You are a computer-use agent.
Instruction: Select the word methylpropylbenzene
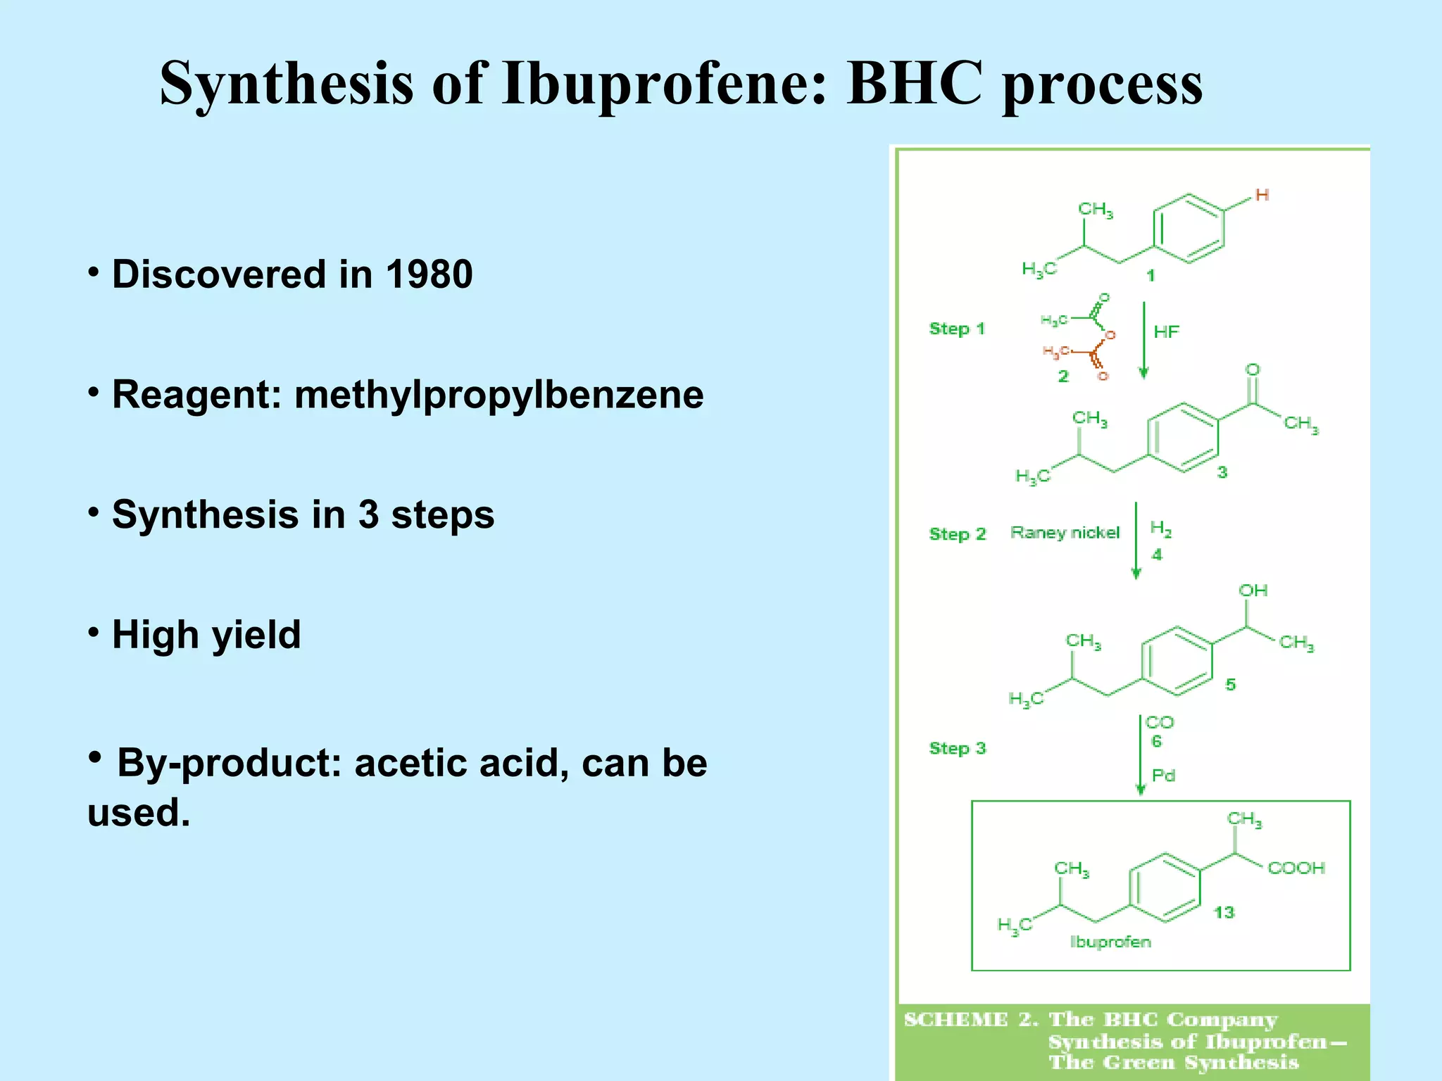point(499,395)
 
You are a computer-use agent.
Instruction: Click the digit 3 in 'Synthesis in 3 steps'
point(369,514)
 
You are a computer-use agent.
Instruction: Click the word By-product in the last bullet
point(230,763)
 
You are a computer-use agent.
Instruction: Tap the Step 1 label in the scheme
point(957,329)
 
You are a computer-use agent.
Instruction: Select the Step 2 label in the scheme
point(958,534)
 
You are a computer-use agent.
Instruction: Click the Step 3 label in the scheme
point(958,748)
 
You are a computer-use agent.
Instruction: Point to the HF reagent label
point(1166,331)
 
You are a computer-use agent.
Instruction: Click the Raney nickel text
point(1065,533)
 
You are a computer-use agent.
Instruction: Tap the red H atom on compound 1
point(1262,195)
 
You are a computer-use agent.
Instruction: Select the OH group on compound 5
point(1253,590)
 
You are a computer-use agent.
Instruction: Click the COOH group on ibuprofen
point(1296,868)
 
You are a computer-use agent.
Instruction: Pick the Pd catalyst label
point(1163,776)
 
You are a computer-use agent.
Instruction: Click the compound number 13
point(1224,913)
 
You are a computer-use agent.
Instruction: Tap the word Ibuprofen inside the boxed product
point(1110,942)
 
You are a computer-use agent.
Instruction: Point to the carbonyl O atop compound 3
point(1253,369)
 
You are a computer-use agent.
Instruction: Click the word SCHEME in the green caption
point(955,1020)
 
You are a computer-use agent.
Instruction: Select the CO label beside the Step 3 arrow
point(1159,722)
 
